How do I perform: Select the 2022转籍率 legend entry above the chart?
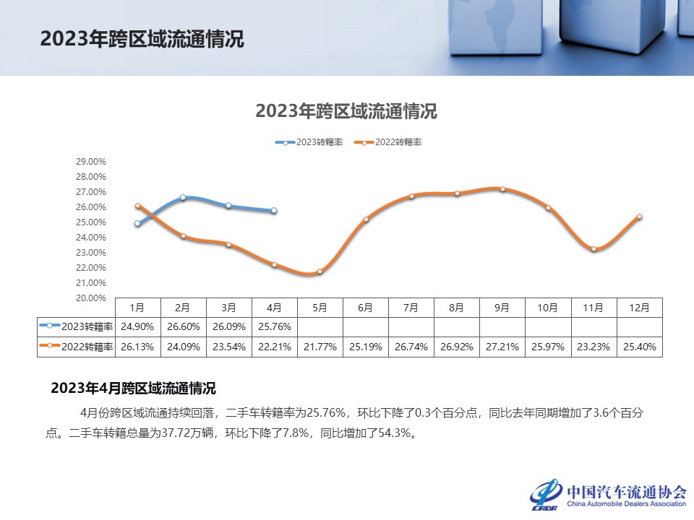(x=387, y=142)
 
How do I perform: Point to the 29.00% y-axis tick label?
(x=91, y=162)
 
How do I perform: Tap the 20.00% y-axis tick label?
(x=91, y=298)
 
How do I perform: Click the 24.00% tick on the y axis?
(x=91, y=238)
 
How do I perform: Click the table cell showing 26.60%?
(x=183, y=326)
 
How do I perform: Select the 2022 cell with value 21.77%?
(x=320, y=347)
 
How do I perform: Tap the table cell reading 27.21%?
(x=502, y=347)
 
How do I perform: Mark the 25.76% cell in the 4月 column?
(x=274, y=326)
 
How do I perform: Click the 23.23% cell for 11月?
(x=594, y=347)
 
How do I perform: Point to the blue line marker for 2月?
(x=183, y=197)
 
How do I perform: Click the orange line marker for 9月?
(x=502, y=189)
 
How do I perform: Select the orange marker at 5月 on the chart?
(x=320, y=272)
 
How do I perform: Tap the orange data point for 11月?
(x=594, y=249)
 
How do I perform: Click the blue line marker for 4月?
(x=274, y=211)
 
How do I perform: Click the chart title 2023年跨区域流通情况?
(x=346, y=112)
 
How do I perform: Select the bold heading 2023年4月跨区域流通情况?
(x=133, y=389)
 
